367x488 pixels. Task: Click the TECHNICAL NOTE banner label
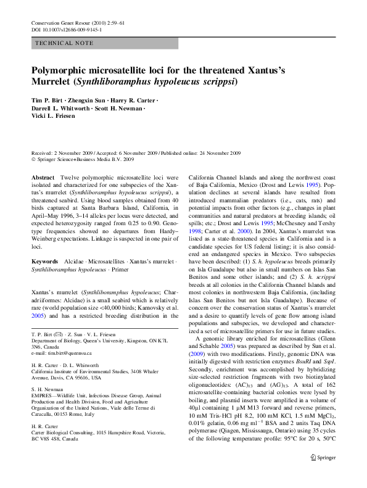point(65,43)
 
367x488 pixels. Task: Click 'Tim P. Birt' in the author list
point(47,100)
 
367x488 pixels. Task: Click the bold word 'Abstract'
point(43,177)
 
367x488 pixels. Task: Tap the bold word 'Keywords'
point(45,262)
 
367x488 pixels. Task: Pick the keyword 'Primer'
point(122,270)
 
